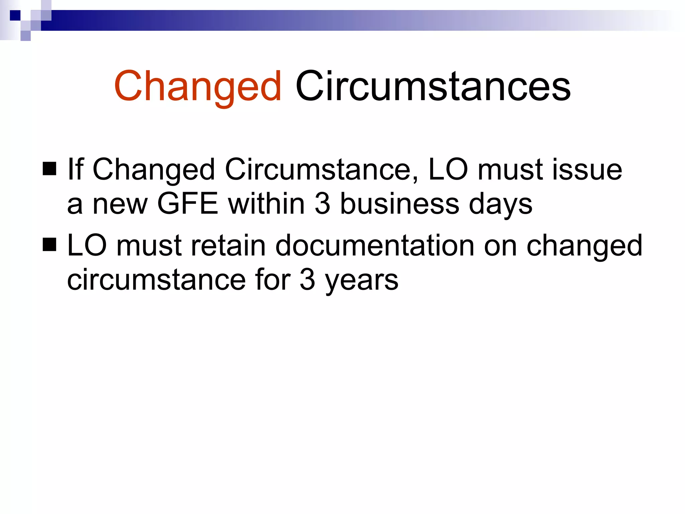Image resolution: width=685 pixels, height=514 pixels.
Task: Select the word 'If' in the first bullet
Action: pos(75,169)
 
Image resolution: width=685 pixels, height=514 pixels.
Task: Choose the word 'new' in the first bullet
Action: pos(120,204)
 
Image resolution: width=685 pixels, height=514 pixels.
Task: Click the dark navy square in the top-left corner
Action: pos(15,15)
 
